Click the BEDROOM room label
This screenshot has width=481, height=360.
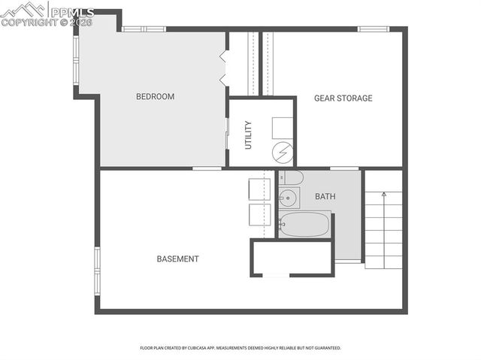click(x=155, y=96)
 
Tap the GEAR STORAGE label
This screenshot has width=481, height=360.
click(x=343, y=98)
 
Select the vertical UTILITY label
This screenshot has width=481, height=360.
click(x=248, y=134)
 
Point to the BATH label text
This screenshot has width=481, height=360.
click(x=325, y=197)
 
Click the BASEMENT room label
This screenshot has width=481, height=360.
click(x=177, y=259)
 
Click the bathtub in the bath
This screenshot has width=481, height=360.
click(x=304, y=224)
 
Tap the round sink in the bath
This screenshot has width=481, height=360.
click(x=288, y=199)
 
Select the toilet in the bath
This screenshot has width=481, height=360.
click(x=291, y=178)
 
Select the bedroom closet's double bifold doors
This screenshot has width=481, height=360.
click(x=224, y=68)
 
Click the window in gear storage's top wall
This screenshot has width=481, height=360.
click(x=372, y=29)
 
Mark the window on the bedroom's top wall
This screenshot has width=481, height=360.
click(x=144, y=29)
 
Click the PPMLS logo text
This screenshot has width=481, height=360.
click(x=72, y=12)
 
